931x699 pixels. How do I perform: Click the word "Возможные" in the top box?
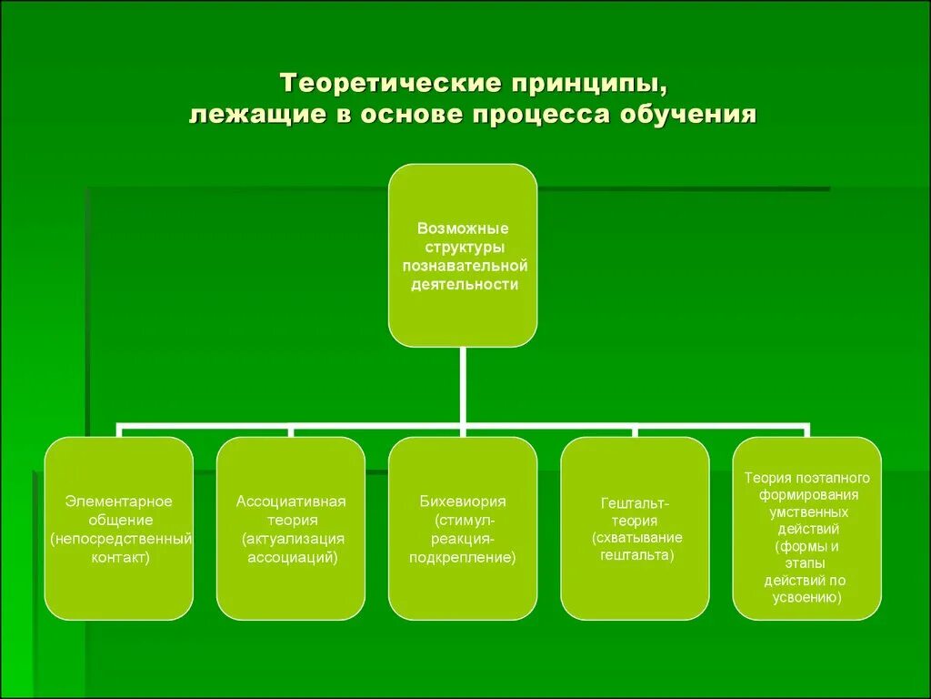[463, 228]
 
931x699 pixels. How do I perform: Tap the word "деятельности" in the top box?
[463, 284]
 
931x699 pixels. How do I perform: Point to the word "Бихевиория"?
[463, 501]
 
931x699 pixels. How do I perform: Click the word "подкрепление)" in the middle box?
[463, 557]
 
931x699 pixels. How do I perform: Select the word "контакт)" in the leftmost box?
[119, 557]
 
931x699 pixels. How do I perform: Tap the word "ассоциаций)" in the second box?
[292, 557]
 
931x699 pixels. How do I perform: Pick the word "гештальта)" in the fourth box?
[636, 553]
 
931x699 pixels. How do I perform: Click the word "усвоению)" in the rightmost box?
[807, 597]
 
